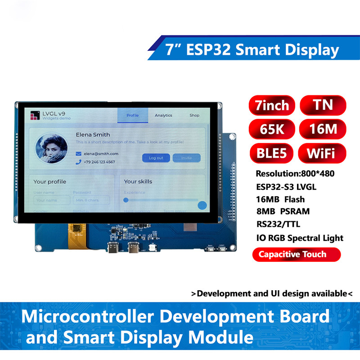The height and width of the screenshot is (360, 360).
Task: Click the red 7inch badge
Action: coord(271,105)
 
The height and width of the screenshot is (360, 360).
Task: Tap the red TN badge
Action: coord(323,105)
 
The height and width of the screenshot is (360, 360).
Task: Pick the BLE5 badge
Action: coord(271,153)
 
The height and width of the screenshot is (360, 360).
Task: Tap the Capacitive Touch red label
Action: coord(292,254)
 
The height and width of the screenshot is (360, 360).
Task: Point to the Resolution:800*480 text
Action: coord(294,174)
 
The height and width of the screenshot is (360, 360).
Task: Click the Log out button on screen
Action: coord(156,158)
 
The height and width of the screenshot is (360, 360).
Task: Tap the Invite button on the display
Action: coord(186,158)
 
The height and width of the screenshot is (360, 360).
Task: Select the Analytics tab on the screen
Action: coord(163,115)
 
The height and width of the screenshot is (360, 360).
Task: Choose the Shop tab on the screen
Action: coord(194,115)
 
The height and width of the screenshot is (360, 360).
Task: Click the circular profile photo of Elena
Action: coord(52,148)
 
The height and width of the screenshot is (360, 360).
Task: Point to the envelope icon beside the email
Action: coord(78,153)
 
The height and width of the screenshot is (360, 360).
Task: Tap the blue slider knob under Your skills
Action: coord(202,205)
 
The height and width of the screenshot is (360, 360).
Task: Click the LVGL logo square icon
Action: coord(35,116)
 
